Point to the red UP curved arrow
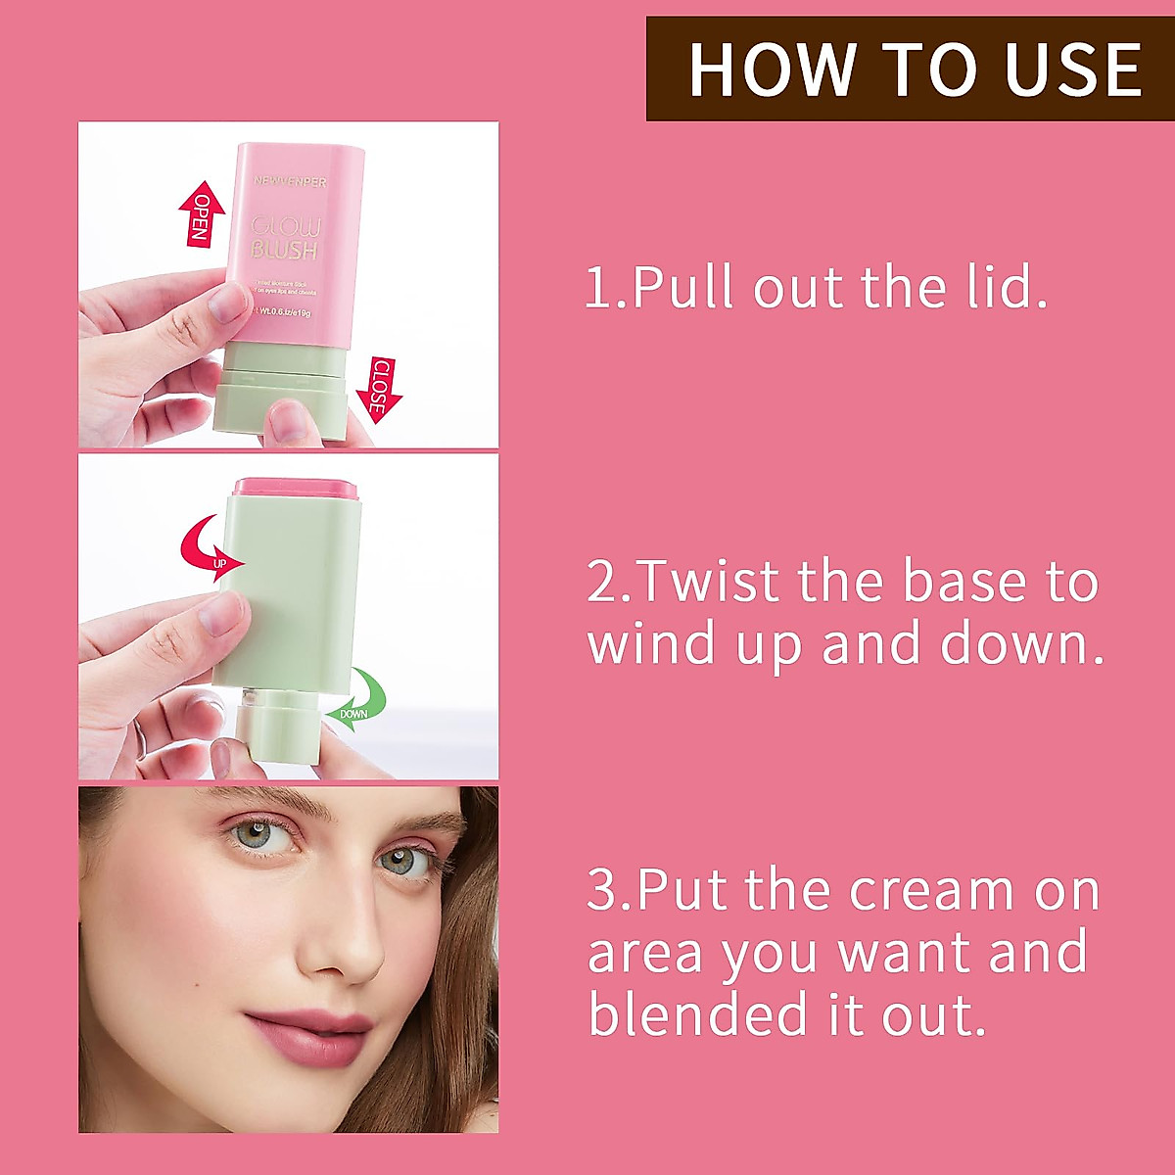coord(211,549)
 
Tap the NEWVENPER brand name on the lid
coord(290,182)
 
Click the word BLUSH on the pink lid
coord(285,251)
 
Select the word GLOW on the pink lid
coord(285,226)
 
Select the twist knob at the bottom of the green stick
coord(280,730)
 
